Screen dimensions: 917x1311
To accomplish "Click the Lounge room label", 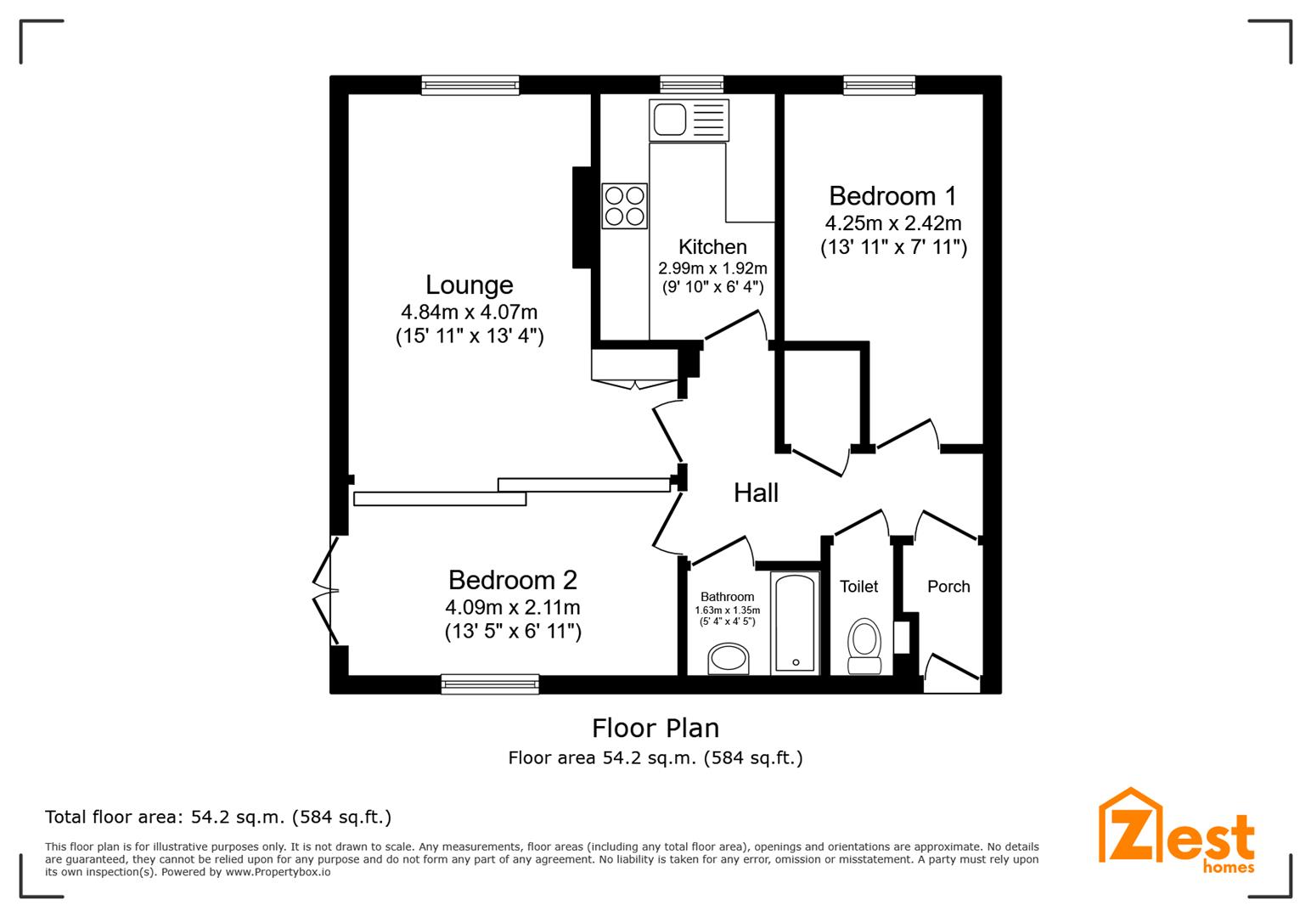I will pos(470,284).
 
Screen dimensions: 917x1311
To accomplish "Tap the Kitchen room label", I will pos(712,247).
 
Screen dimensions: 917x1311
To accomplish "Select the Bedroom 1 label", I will pos(892,196).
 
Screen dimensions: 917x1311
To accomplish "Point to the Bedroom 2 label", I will pos(512,580).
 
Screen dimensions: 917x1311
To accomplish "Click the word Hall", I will pos(756,493).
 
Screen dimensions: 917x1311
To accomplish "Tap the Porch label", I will pos(948,587).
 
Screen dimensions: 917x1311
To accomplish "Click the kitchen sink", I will pos(669,120).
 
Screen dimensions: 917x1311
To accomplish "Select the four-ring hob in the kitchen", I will pos(624,206).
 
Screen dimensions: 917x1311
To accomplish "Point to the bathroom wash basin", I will pos(729,658).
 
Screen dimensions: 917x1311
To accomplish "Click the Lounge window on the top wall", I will pos(470,84).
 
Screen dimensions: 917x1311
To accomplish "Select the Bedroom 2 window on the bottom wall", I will pos(490,684).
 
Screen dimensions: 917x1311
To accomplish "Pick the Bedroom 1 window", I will pos(880,84).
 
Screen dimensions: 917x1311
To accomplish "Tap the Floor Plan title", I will pos(655,729).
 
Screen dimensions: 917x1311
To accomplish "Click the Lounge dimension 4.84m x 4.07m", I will pos(470,312).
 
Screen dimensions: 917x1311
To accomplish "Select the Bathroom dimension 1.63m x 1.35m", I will pos(727,610).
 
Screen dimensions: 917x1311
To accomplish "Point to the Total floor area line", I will pos(218,818).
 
